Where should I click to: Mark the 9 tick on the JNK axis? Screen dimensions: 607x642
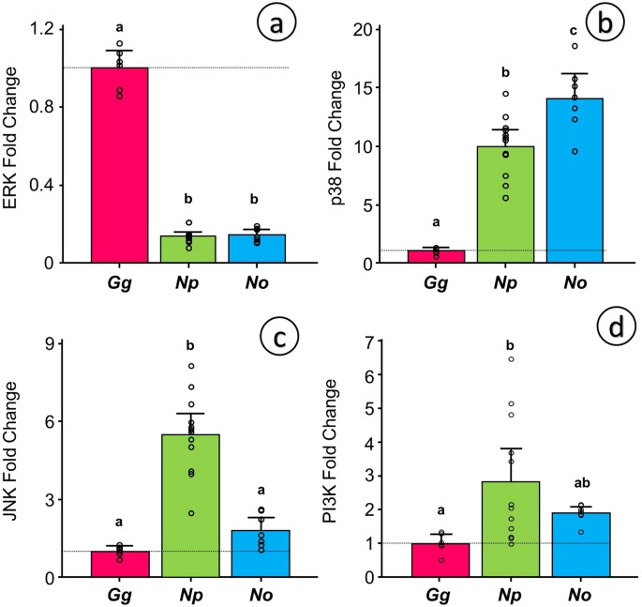pos(66,342)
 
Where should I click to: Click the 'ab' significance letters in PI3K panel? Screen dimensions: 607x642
pos(588,488)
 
